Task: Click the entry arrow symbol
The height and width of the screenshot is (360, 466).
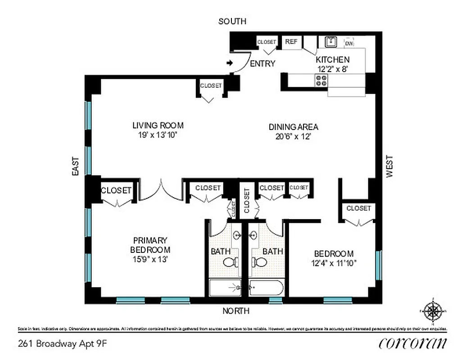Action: (x=230, y=63)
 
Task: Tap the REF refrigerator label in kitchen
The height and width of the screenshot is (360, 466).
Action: (x=291, y=41)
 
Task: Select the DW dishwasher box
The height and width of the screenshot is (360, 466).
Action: (x=348, y=43)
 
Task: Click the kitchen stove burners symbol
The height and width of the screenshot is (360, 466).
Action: (x=321, y=80)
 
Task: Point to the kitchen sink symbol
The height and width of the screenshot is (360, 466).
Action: (x=331, y=41)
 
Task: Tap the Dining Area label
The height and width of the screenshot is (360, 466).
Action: (x=294, y=126)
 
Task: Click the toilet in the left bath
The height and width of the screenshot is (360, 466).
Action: (x=231, y=262)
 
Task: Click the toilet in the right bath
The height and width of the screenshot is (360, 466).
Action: (x=258, y=262)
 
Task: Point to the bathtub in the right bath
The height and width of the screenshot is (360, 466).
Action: (x=266, y=288)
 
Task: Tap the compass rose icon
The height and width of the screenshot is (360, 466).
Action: (x=433, y=310)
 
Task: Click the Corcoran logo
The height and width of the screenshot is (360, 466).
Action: (x=413, y=343)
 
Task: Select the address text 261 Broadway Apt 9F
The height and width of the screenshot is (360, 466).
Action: (x=63, y=344)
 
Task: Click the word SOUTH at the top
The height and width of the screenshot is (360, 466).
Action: (x=232, y=21)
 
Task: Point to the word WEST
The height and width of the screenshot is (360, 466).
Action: (x=389, y=166)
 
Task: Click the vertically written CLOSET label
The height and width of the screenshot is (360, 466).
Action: (x=247, y=200)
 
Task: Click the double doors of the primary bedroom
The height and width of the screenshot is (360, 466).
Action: (x=160, y=189)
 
